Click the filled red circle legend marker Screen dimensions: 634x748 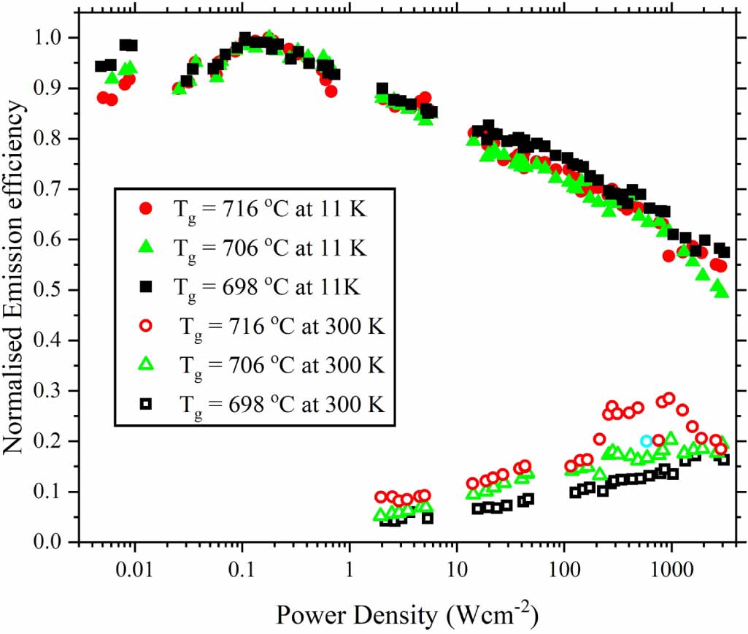pos(146,209)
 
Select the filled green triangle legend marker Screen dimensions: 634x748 pos(146,248)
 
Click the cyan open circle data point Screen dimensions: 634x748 pos(646,440)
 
